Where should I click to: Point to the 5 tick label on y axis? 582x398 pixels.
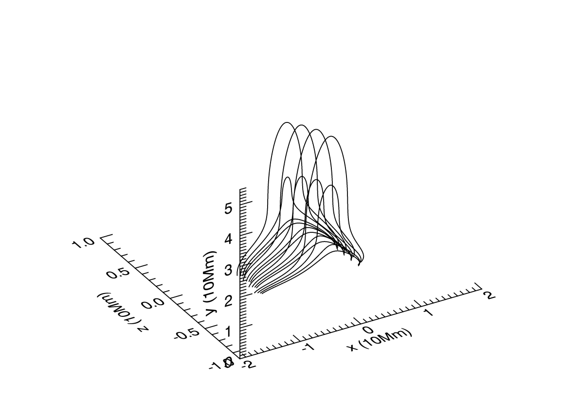tap(229, 208)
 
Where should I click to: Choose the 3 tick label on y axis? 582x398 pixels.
tap(229, 271)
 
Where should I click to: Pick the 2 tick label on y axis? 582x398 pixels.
tap(229, 302)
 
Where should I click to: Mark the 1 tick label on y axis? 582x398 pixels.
tap(229, 333)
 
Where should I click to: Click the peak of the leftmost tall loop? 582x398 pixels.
tap(287, 122)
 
